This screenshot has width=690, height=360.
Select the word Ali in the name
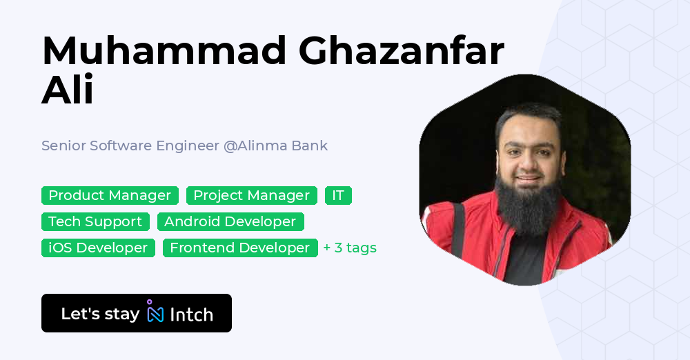point(68,91)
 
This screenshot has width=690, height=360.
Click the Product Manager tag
point(110,195)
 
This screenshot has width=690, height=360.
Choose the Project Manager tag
point(251,195)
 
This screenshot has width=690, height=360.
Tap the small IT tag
point(338,195)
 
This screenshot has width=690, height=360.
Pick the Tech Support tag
point(95,221)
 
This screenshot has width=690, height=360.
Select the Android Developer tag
point(230,221)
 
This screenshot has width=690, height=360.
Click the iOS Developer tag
point(98,248)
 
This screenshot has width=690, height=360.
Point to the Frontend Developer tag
point(239,248)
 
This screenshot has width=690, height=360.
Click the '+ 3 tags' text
point(350,248)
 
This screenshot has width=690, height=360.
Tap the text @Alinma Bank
point(275,146)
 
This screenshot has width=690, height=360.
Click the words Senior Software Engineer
point(130,146)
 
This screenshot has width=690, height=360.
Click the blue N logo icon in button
point(155,314)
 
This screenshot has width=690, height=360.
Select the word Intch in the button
point(191,314)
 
